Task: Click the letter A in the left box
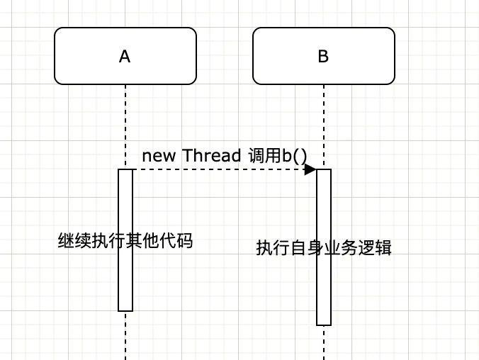click(125, 57)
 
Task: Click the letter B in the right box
click(323, 56)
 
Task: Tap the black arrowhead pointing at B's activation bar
click(310, 169)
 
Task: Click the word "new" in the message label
click(159, 156)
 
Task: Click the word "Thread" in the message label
click(212, 155)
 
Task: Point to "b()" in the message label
click(294, 156)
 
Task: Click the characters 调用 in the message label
click(264, 155)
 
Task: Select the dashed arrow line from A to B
click(225, 169)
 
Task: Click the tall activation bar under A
click(125, 240)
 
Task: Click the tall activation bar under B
click(324, 247)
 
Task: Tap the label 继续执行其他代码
click(125, 240)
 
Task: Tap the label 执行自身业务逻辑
click(324, 247)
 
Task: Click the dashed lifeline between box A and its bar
click(125, 127)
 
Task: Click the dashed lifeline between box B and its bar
click(324, 127)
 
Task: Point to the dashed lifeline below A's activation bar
click(125, 336)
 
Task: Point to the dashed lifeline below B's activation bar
click(324, 343)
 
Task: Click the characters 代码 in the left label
click(176, 240)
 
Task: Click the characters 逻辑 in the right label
click(375, 247)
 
